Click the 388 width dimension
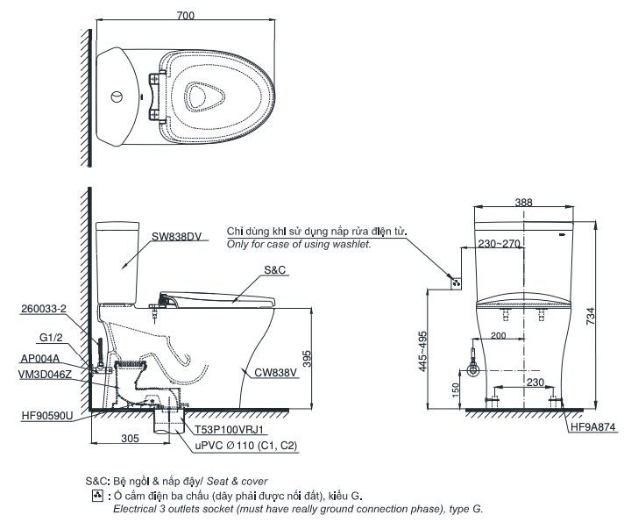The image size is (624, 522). pos(523,203)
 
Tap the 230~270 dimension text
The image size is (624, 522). pos(499,244)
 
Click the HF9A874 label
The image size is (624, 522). pos(593,427)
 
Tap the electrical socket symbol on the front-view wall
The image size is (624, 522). pos(456,282)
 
